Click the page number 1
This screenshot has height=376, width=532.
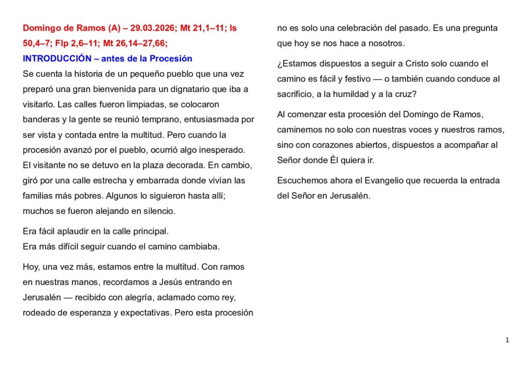(507, 340)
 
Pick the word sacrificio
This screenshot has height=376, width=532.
(294, 95)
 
